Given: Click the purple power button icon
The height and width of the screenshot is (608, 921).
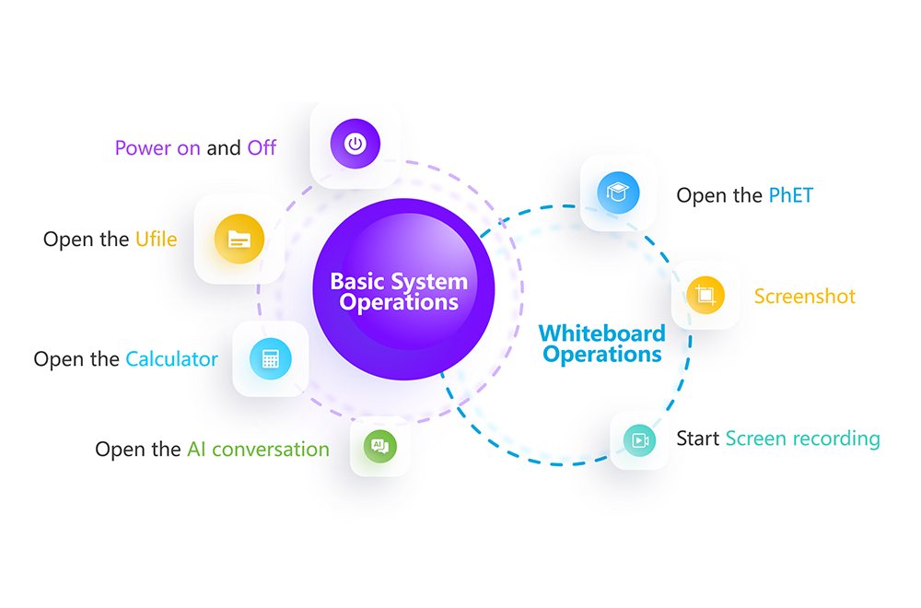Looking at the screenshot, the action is coord(355,144).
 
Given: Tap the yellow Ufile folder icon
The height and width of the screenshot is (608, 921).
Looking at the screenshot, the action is coord(239,239).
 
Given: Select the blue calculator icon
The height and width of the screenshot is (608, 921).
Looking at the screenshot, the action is coord(270,359).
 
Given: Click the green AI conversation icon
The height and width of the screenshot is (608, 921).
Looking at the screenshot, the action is coord(380,447).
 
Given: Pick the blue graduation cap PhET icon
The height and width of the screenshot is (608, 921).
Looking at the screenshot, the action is coord(618,193).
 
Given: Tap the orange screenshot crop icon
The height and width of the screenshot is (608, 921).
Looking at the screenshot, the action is coord(705,295).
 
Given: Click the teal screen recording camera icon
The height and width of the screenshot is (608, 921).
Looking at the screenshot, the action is coord(639,440).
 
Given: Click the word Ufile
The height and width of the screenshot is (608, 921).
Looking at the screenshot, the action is coord(157,240).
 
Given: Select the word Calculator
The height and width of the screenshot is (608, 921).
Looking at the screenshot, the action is coord(171,359).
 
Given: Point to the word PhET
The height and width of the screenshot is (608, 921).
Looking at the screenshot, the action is coord(790,195).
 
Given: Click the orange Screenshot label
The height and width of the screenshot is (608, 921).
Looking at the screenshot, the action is coord(805,296).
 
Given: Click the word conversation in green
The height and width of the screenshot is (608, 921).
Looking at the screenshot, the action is coord(271,450).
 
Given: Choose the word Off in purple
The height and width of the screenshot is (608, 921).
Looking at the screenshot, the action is coord(262,147).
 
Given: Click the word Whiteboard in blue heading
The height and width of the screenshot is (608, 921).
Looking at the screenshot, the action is coord(602,333).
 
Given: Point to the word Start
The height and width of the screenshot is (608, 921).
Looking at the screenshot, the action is coord(698,438).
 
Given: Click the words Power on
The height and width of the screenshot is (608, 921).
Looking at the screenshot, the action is coord(158,148).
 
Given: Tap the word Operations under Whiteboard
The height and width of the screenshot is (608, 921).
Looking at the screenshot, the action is coord(602,355).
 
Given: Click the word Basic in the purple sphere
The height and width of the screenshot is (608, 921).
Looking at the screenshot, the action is coord(357,281).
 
